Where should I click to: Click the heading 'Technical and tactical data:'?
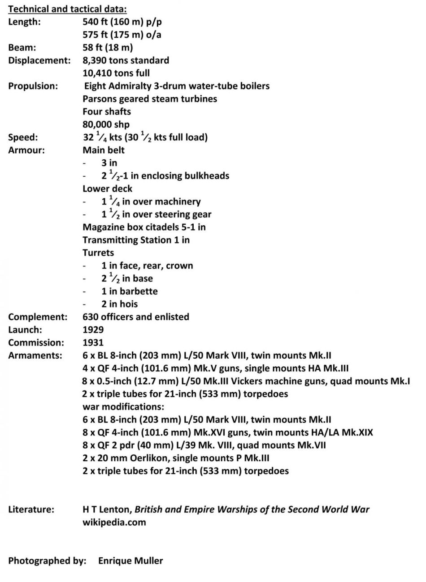pyautogui.click(x=67, y=9)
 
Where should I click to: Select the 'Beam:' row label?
pyautogui.click(x=22, y=47)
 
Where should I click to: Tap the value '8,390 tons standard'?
pyautogui.click(x=126, y=60)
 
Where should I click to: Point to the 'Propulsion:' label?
pyautogui.click(x=33, y=86)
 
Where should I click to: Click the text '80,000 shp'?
pyautogui.click(x=106, y=124)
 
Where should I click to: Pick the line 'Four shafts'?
pyautogui.click(x=107, y=111)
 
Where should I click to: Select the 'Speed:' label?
pyautogui.click(x=23, y=137)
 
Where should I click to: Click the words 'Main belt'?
pyautogui.click(x=104, y=150)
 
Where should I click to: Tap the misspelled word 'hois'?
pyautogui.click(x=128, y=304)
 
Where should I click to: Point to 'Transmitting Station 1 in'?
pyautogui.click(x=136, y=240)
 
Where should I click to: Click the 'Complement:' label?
pyautogui.click(x=38, y=317)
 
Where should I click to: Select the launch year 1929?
pyautogui.click(x=93, y=330)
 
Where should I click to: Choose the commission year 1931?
pyautogui.click(x=93, y=343)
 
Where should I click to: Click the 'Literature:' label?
pyautogui.click(x=31, y=509)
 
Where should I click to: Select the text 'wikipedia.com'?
pyautogui.click(x=114, y=522)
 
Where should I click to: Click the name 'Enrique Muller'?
pyautogui.click(x=130, y=561)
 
